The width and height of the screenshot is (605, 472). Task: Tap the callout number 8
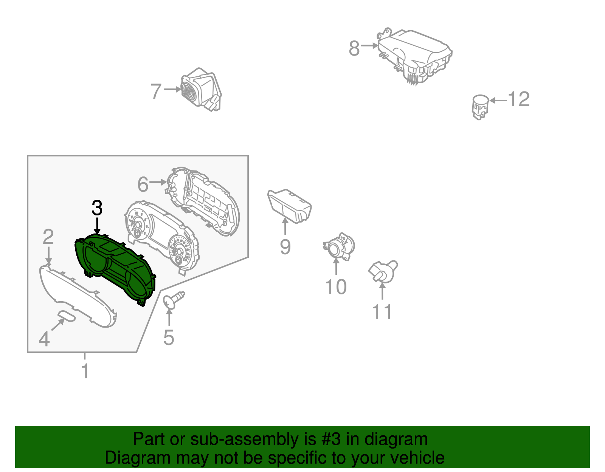(x=354, y=48)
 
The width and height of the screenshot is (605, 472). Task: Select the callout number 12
(x=519, y=99)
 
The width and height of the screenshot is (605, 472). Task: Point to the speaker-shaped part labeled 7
(x=201, y=89)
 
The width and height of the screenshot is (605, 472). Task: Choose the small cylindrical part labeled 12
(x=481, y=107)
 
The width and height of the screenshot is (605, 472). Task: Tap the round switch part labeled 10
(x=339, y=246)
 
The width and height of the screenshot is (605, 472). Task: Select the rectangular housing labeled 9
(x=289, y=206)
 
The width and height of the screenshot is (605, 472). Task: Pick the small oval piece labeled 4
(x=67, y=317)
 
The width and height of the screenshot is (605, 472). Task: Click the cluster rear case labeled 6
(x=203, y=201)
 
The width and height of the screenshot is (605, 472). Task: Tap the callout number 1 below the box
(x=85, y=371)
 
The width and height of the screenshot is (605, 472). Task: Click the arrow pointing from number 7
(x=173, y=89)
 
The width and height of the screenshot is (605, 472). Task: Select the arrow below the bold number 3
(x=97, y=226)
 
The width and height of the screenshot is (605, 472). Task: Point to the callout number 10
(x=336, y=287)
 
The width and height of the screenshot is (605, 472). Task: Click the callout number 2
(x=48, y=237)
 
